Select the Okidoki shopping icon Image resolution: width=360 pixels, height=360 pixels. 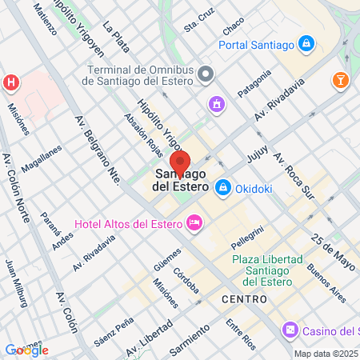tap(223, 187)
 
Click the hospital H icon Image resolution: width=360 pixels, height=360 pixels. tap(11, 82)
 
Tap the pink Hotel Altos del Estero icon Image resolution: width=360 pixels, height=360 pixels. tap(194, 222)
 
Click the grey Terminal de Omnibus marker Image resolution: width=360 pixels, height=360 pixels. tap(207, 75)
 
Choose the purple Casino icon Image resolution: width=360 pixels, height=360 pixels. tap(290, 330)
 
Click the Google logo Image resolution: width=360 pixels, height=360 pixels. tap(26, 350)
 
